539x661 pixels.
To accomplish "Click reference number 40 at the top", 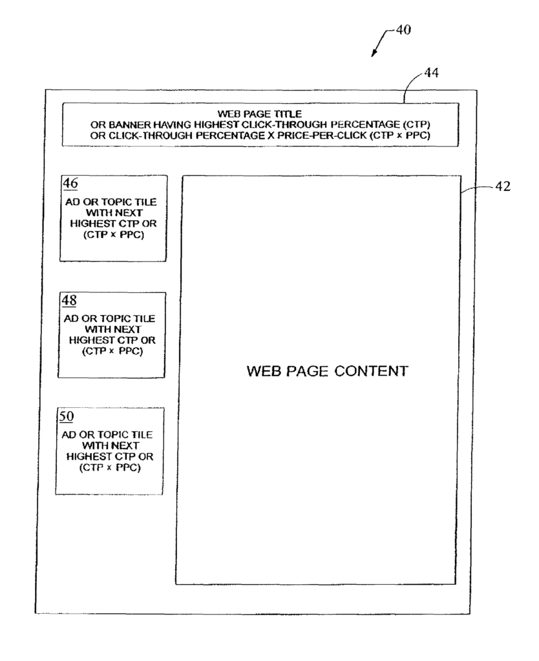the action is (403, 30).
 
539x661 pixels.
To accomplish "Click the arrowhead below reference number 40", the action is (374, 54).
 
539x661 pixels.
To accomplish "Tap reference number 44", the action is (431, 72).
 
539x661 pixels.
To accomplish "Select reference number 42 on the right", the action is (502, 186).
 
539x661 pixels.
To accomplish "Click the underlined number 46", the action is (70, 183).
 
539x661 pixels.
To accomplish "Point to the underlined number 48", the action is (69, 300).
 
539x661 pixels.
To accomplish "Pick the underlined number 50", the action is (67, 416).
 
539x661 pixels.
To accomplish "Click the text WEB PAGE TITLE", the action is (260, 114).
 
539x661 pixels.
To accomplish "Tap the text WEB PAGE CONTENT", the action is (328, 371).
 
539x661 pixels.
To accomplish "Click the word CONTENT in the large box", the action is (372, 371).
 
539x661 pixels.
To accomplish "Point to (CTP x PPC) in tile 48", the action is (112, 351).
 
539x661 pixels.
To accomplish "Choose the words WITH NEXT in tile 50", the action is (111, 445).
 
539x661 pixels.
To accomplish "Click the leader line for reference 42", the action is (476, 188).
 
